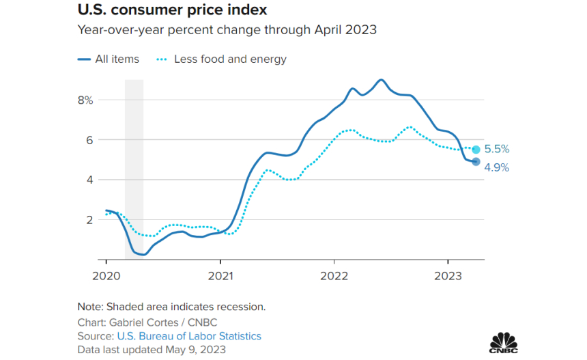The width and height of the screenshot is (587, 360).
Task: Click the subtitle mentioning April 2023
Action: (227, 30)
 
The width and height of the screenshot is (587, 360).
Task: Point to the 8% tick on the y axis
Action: (85, 100)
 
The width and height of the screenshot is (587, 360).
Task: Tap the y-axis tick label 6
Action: (89, 140)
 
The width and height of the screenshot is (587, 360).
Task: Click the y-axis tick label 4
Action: (89, 180)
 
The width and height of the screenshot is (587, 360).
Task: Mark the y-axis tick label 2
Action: (89, 220)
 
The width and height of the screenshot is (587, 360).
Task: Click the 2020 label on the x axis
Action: (106, 276)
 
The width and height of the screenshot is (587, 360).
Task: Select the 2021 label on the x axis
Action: (220, 276)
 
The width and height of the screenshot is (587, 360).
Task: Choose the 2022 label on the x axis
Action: (334, 276)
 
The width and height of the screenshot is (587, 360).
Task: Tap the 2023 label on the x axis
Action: (447, 276)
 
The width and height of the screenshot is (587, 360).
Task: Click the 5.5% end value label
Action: (497, 149)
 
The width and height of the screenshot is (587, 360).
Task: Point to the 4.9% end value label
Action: (497, 167)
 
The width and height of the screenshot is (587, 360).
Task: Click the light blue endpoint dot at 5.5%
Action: (476, 150)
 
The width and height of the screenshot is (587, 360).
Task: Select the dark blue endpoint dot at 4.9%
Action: (476, 162)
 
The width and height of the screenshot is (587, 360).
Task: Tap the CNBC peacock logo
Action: (503, 342)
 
